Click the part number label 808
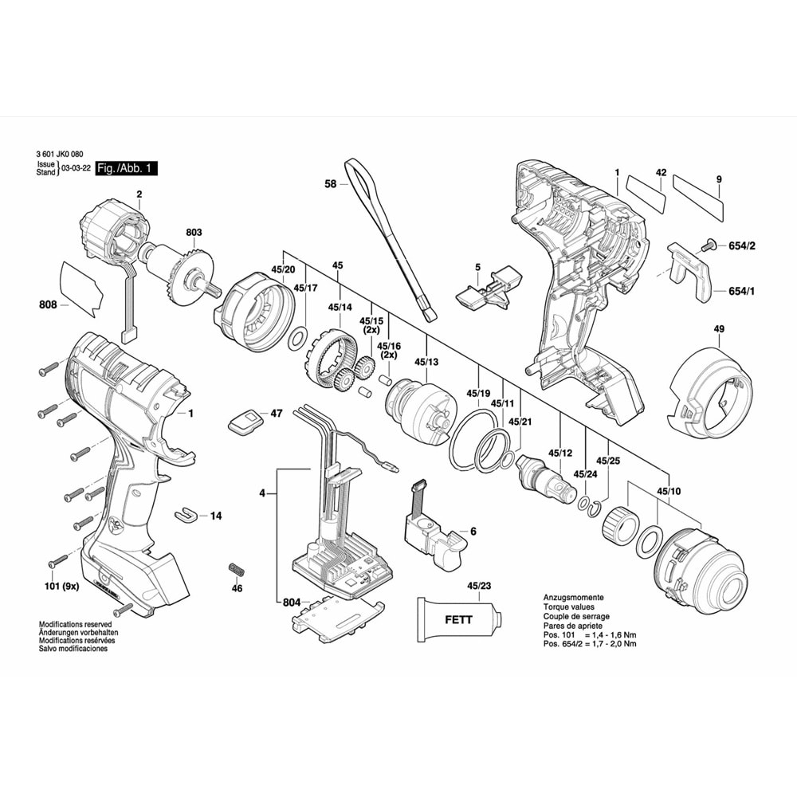(47, 304)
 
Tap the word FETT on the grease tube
(458, 619)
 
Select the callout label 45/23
(479, 587)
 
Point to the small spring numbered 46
(235, 571)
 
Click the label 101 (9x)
(61, 586)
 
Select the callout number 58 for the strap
(331, 183)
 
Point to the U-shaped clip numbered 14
(184, 515)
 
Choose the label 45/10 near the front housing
(669, 491)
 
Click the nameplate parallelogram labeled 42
(645, 192)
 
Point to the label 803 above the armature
(194, 232)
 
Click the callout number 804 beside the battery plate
(292, 603)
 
